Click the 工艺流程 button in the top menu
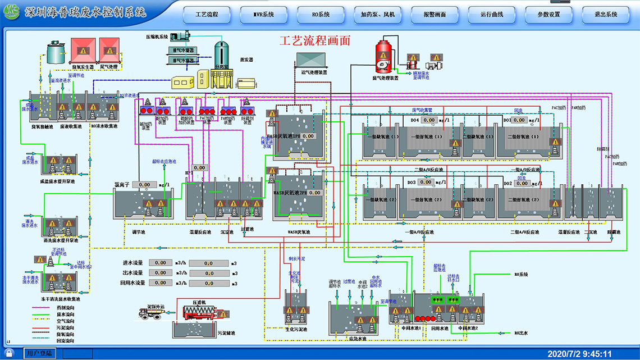pyautogui.click(x=207, y=14)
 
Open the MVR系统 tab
pyautogui.click(x=264, y=14)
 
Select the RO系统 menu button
pyautogui.click(x=321, y=14)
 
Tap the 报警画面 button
pyautogui.click(x=435, y=14)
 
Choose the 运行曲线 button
pyautogui.click(x=492, y=14)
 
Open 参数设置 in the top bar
pyautogui.click(x=548, y=14)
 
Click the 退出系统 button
pyautogui.click(x=606, y=14)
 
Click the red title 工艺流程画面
pyautogui.click(x=315, y=40)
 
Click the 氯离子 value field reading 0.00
pyautogui.click(x=145, y=185)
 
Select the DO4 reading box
pyautogui.click(x=429, y=120)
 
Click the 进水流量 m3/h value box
pyautogui.click(x=160, y=263)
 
